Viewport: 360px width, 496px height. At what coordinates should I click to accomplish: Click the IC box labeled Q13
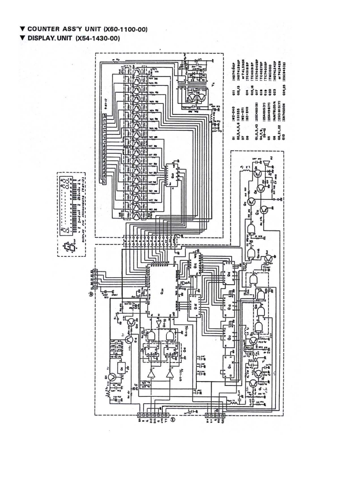click(230, 305)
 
